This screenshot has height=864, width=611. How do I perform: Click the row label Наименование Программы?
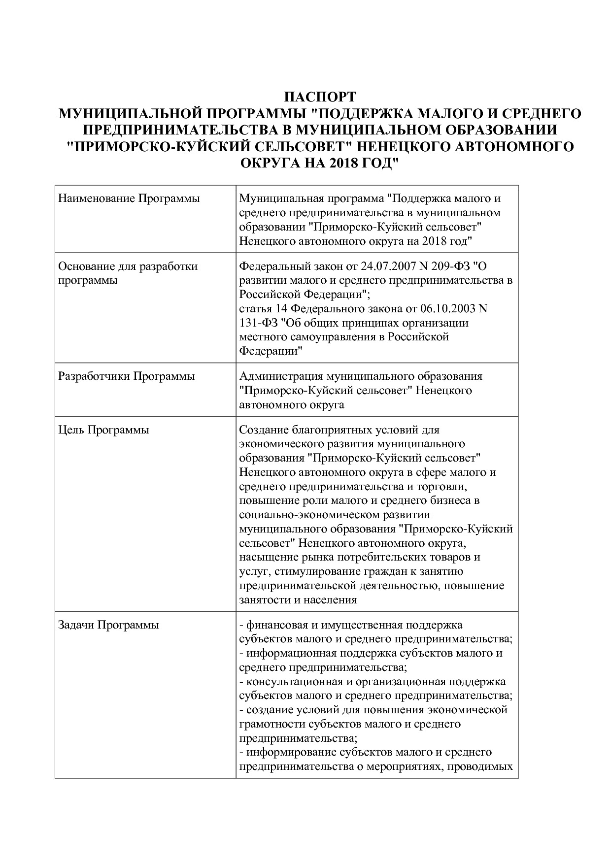click(x=129, y=199)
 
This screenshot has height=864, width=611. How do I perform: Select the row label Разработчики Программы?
click(x=127, y=376)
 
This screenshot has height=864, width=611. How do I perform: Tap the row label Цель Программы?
click(x=103, y=430)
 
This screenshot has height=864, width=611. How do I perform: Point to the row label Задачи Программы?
click(x=108, y=625)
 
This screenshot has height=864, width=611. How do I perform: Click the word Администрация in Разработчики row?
click(x=277, y=376)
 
